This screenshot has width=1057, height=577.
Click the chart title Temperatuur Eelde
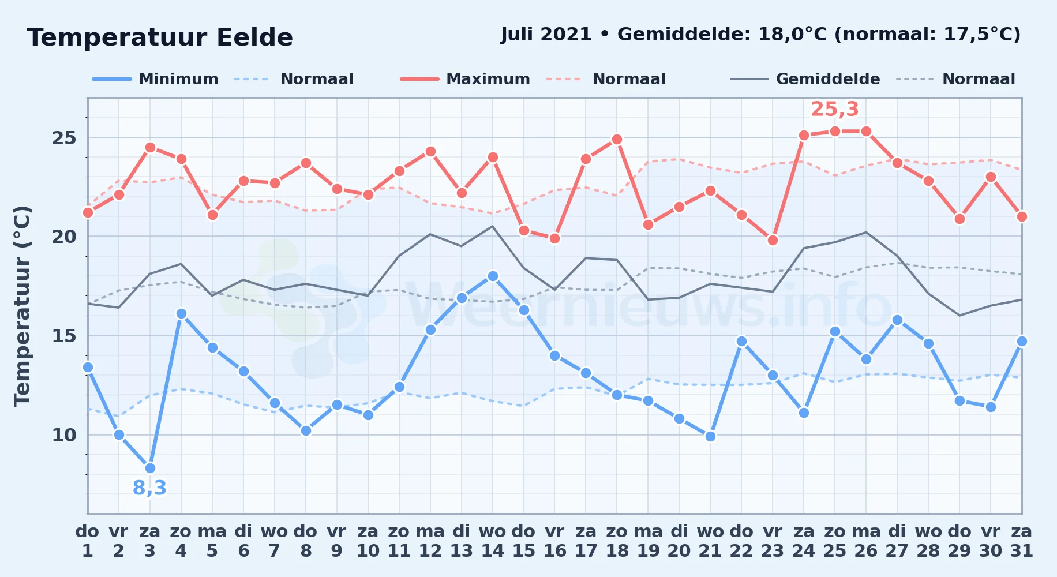tap(160, 38)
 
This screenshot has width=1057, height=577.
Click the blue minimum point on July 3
tap(150, 468)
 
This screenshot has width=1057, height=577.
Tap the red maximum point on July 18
tap(617, 139)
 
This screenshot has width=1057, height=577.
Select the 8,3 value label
tap(149, 488)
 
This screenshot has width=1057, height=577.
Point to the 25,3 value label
tap(835, 109)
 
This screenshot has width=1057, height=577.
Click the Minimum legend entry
tap(155, 79)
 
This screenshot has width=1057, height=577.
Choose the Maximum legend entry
tap(465, 79)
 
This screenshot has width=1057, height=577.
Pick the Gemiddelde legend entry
tap(805, 79)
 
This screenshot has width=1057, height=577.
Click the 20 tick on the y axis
tap(64, 237)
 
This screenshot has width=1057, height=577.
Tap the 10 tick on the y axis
tap(64, 434)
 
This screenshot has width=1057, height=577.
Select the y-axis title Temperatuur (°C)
tap(23, 306)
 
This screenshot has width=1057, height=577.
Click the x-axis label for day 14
tap(492, 541)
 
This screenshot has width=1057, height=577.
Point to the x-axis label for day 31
tap(1021, 541)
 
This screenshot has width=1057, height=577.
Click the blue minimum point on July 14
tap(492, 276)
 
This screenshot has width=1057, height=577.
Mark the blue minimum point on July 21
tap(710, 436)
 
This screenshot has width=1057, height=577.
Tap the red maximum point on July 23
tap(773, 240)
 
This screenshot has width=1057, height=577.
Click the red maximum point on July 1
tap(88, 212)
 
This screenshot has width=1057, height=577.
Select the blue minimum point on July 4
tap(181, 313)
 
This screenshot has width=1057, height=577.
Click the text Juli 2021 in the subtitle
tap(546, 34)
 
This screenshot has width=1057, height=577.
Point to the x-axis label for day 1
tap(87, 541)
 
